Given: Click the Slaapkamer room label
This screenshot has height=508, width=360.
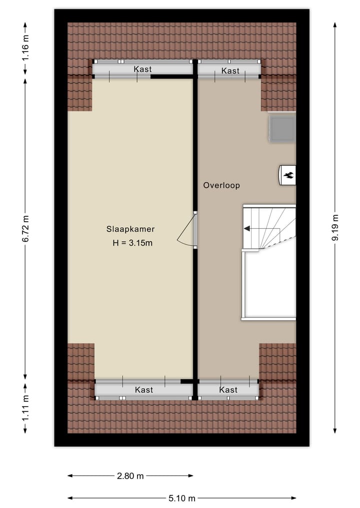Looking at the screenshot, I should coord(130,229).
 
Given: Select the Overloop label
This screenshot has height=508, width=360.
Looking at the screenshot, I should coord(221,185).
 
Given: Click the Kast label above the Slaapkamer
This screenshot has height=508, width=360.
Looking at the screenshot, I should coord(142,69).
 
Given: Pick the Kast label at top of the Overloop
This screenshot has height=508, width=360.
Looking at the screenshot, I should coord(230,71).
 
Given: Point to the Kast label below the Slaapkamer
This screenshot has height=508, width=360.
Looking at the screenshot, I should coord(143,390).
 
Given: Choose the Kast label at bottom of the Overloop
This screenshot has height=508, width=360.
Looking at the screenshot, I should coord(228,390).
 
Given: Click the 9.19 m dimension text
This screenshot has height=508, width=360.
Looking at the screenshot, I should coord(335,228).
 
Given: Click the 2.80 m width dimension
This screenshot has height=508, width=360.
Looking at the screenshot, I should coord(130,476).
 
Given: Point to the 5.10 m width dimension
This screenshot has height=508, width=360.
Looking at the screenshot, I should coord(182,498).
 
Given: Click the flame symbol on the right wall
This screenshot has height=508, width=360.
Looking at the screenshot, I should coord(288,175).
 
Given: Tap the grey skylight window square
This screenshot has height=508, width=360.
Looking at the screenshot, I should coord(282,128).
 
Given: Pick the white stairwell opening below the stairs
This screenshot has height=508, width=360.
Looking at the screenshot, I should coord(269,285).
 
